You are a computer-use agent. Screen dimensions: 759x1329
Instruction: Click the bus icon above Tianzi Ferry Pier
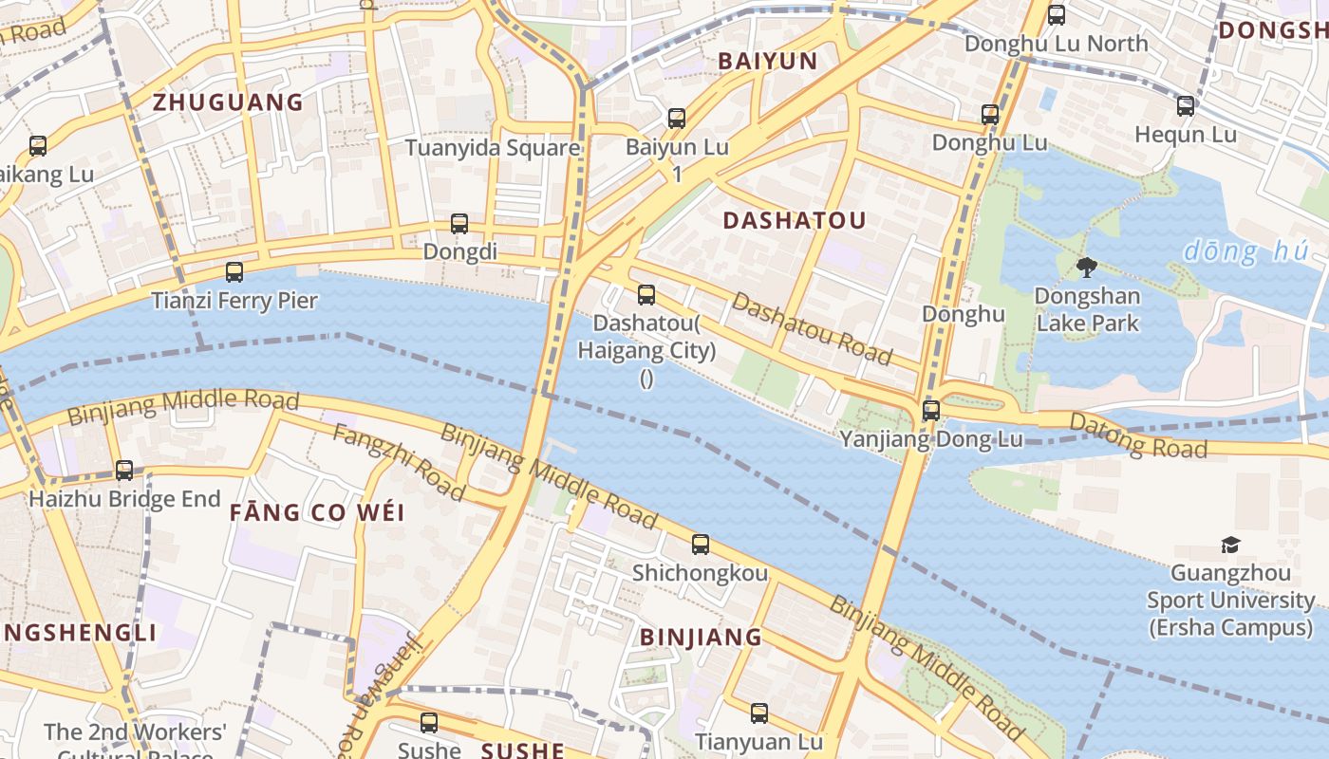[234, 272]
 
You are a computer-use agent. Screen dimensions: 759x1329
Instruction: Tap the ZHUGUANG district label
[228, 102]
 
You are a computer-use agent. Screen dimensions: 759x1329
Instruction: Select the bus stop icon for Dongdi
[459, 224]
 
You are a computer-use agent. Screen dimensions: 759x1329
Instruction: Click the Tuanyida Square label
[492, 148]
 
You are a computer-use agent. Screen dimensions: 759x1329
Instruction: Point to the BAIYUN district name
[767, 62]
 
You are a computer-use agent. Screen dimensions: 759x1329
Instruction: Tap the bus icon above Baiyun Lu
[677, 119]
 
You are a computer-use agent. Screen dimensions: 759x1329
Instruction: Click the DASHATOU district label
[794, 221]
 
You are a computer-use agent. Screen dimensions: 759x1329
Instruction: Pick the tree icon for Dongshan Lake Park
[1087, 268]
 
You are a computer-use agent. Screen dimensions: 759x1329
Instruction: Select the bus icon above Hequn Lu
[1186, 106]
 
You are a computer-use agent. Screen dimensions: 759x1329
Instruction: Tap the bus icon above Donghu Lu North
[1057, 15]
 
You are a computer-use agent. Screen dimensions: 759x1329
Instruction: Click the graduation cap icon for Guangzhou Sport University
[1230, 546]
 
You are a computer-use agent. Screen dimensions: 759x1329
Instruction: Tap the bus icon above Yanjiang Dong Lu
[931, 411]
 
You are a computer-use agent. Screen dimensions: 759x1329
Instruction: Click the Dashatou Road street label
[812, 328]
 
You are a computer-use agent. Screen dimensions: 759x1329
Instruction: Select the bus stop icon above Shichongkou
[701, 545]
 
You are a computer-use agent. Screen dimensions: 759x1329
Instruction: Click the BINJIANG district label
[701, 638]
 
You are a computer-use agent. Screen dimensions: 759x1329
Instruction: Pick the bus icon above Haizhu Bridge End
[124, 471]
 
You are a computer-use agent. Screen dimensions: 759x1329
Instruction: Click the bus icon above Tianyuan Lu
[759, 713]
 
